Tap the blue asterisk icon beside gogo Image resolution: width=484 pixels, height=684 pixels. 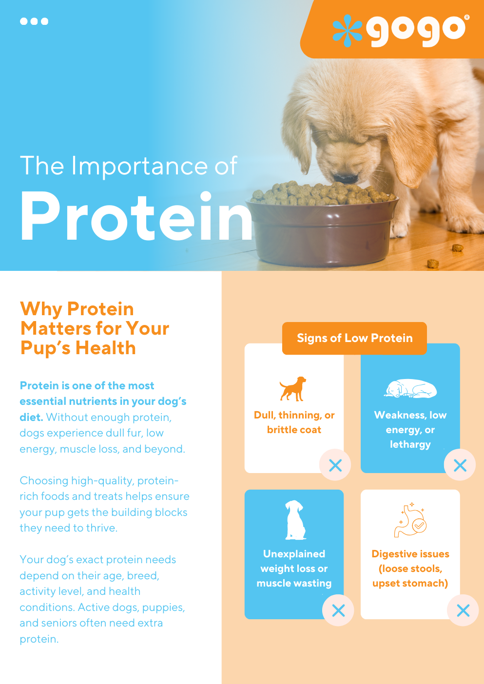(348, 30)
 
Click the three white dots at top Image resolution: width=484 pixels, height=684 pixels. (34, 21)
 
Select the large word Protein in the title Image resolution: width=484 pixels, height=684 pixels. (136, 217)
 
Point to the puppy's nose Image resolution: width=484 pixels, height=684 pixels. (347, 178)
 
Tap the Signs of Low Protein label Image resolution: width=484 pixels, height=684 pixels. (354, 338)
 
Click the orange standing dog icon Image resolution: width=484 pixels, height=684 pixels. (293, 388)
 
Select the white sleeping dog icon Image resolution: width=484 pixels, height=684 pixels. (410, 388)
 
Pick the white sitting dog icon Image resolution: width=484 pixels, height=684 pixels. (295, 520)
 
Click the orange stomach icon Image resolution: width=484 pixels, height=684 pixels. (410, 520)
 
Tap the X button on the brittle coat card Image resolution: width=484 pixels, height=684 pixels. (335, 465)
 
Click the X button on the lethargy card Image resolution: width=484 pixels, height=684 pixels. (460, 465)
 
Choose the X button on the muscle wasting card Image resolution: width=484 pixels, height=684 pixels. (338, 610)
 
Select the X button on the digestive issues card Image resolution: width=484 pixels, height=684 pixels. (463, 610)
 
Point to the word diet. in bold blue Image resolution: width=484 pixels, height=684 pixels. (31, 417)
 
